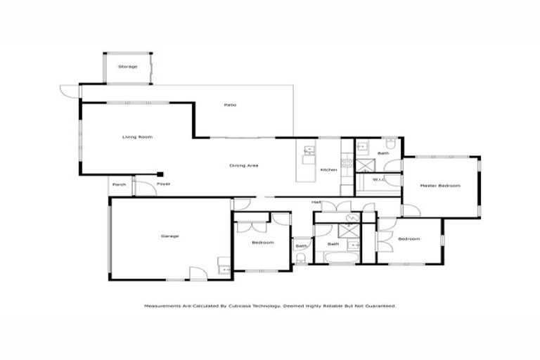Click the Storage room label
[x=127, y=67]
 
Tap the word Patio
[x=230, y=105]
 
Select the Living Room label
[x=137, y=136]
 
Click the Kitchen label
[x=329, y=170]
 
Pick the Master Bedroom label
[x=439, y=186]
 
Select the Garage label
[x=170, y=236]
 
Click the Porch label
[x=120, y=184]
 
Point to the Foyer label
[x=163, y=184]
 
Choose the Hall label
[x=317, y=202]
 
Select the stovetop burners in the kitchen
[x=347, y=161]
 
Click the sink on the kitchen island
[x=308, y=150]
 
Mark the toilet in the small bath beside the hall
[x=301, y=259]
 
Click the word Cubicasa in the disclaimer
[x=264, y=307]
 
